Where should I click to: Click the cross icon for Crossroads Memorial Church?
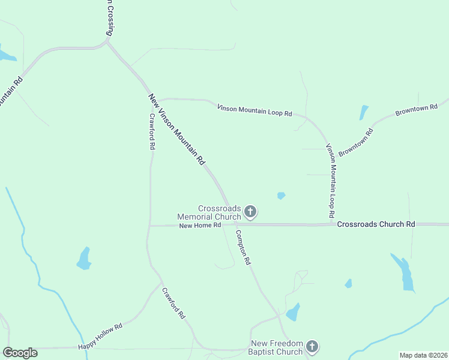click(x=250, y=211)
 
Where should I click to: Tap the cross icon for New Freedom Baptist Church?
click(x=312, y=346)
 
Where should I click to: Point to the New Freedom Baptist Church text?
click(x=277, y=347)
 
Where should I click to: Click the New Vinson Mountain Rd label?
click(x=177, y=130)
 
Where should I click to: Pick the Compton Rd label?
click(x=243, y=248)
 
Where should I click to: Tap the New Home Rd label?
click(x=200, y=225)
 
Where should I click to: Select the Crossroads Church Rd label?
click(x=376, y=224)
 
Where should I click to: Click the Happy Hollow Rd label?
click(x=100, y=337)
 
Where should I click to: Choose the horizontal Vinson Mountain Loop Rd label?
click(x=254, y=110)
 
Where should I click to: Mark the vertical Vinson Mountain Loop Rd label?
click(x=330, y=181)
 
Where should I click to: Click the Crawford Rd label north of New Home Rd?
click(x=152, y=131)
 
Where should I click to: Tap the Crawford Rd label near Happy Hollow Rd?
click(x=173, y=303)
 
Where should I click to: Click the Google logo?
click(x=20, y=353)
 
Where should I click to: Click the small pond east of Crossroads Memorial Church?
click(x=281, y=196)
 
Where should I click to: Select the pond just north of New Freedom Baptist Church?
click(x=293, y=312)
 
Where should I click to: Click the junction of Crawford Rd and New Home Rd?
click(x=149, y=226)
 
